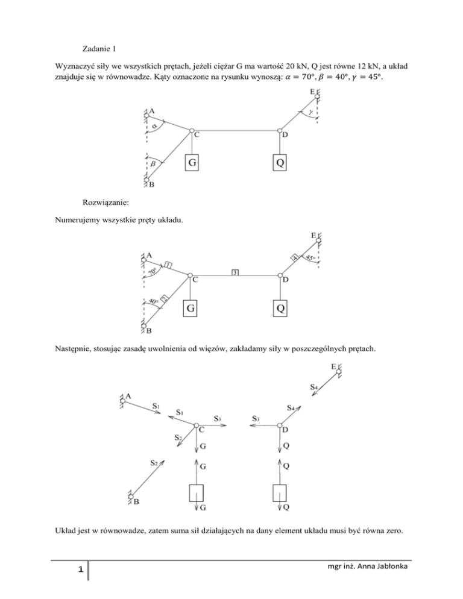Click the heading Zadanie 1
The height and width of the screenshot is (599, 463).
98,49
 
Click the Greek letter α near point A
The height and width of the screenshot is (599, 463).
156,126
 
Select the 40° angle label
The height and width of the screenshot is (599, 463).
149,301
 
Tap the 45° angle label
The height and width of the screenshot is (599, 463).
311,258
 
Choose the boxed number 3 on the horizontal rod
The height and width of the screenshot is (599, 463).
235,272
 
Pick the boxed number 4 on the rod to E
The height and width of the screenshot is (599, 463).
295,257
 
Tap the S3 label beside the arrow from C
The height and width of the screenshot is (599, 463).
218,418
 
